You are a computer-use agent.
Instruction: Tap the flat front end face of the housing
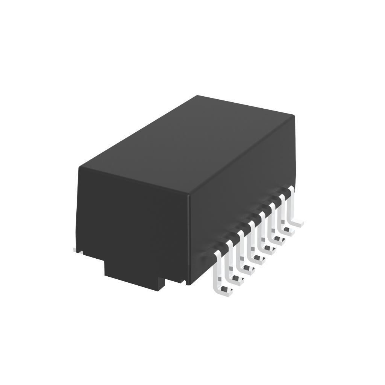tap(132, 214)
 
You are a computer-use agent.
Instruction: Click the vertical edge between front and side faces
tap(188, 241)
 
